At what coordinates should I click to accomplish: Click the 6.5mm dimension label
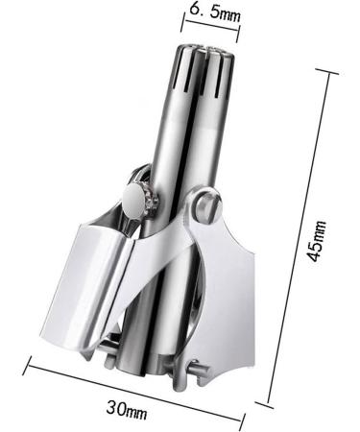214,12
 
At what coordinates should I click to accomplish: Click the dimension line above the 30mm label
134,388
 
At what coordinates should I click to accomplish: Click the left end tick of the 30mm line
30,362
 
